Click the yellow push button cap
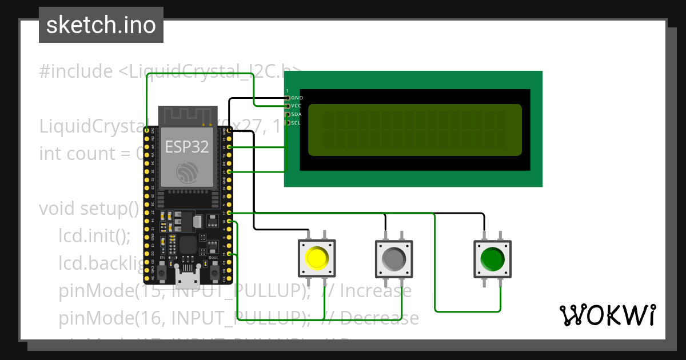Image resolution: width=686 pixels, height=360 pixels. pos(316,258)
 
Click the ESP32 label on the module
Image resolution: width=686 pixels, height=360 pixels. pos(186,147)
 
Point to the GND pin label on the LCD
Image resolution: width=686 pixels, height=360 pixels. pos(297,98)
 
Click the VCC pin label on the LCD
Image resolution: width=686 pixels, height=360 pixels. pos(297,106)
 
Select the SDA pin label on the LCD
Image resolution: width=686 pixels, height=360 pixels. pos(297,114)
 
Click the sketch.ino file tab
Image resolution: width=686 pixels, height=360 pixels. pos(101,25)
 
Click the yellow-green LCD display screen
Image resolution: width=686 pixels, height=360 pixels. pos(414,130)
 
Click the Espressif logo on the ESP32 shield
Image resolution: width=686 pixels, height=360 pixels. pos(188,172)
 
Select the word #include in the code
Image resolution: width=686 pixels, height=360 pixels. pos(76,71)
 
